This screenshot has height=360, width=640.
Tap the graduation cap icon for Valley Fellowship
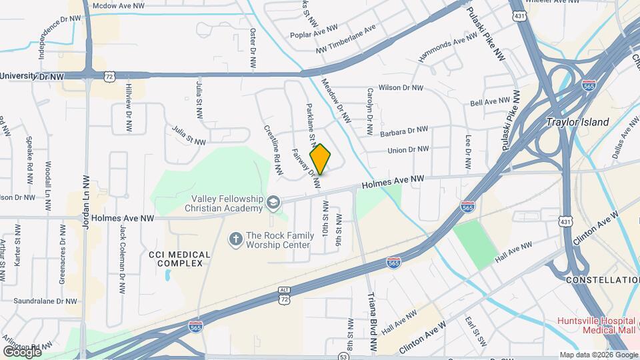[x=273, y=202]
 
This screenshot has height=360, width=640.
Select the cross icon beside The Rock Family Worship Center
[x=235, y=238]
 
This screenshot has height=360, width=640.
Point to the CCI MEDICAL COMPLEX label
[x=179, y=259]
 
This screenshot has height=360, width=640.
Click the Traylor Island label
[x=577, y=122]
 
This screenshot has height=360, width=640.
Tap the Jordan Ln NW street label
[x=85, y=202]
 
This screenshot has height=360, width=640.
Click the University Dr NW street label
[x=32, y=77]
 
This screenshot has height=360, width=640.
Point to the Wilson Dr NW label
[x=401, y=87]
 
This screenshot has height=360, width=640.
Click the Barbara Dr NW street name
[x=403, y=131]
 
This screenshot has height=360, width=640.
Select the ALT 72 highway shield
[x=285, y=296]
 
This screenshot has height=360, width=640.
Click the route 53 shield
[x=343, y=357]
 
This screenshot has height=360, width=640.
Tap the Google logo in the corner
[x=22, y=351]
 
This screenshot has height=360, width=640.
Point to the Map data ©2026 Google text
[x=598, y=355]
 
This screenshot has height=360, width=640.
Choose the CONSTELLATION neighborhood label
[x=602, y=280]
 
